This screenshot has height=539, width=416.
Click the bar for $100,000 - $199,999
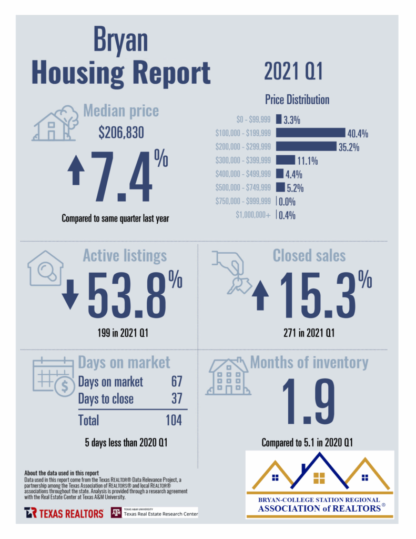310,133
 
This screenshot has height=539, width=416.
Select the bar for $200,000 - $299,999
306,146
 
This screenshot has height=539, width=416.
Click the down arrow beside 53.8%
70,297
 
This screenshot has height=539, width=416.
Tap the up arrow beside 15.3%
260,297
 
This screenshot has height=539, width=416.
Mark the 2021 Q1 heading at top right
293,72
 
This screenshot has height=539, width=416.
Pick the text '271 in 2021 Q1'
308,333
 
